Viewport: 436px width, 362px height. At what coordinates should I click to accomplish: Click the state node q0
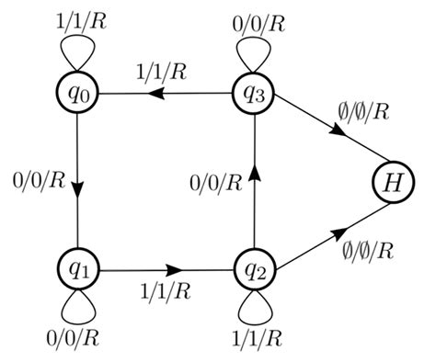click(77, 94)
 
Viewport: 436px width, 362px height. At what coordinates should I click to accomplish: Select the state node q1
click(77, 271)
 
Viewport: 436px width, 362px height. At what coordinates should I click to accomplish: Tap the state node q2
click(255, 271)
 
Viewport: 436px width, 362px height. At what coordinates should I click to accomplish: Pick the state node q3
click(255, 94)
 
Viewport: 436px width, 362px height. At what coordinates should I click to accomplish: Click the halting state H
click(392, 182)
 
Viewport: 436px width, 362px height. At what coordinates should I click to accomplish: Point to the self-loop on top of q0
click(77, 51)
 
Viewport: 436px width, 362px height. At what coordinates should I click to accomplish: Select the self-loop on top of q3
click(255, 51)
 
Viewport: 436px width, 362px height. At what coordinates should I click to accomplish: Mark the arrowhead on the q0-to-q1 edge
click(77, 188)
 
